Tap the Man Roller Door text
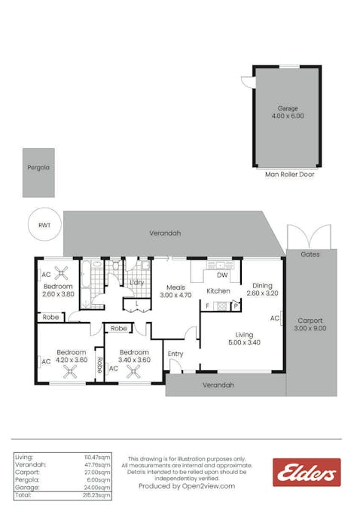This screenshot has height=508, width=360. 290,175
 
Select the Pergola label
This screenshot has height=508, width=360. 38,168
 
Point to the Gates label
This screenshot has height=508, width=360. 310,254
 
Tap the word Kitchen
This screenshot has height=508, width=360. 218,291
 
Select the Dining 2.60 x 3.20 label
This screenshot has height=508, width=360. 262,289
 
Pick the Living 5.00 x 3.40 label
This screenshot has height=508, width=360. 244,339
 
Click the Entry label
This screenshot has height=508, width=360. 175,354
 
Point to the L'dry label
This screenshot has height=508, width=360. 136,282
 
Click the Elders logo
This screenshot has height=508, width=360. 307,472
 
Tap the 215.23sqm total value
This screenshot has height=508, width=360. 97,497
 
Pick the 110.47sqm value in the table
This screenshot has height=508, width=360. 97,457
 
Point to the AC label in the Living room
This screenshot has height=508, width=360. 274,318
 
